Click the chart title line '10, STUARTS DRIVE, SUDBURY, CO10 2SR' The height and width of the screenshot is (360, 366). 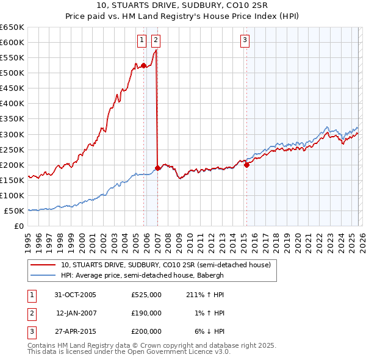pos(182,5)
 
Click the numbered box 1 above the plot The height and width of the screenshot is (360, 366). pos(142,40)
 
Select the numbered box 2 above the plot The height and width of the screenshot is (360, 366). pos(156,40)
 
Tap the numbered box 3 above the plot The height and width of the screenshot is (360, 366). pos(245,40)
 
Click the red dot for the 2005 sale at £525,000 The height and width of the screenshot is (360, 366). pos(143,65)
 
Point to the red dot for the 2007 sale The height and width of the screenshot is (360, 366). pos(157,168)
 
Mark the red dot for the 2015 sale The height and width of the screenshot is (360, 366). pos(246,164)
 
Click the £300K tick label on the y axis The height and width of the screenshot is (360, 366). pos(12,134)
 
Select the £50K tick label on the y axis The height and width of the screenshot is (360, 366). pos(14,211)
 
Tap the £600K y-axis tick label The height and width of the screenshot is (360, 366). pos(12,42)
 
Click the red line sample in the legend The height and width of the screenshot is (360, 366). pos(43,265)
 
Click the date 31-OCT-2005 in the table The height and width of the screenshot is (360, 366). pos(75,295)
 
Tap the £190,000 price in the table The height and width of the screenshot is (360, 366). pos(146,313)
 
